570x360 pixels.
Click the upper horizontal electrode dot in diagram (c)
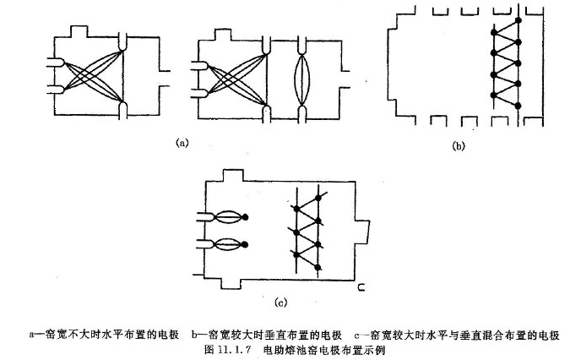(x=246, y=217)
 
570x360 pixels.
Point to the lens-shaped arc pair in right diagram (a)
(x=305, y=80)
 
